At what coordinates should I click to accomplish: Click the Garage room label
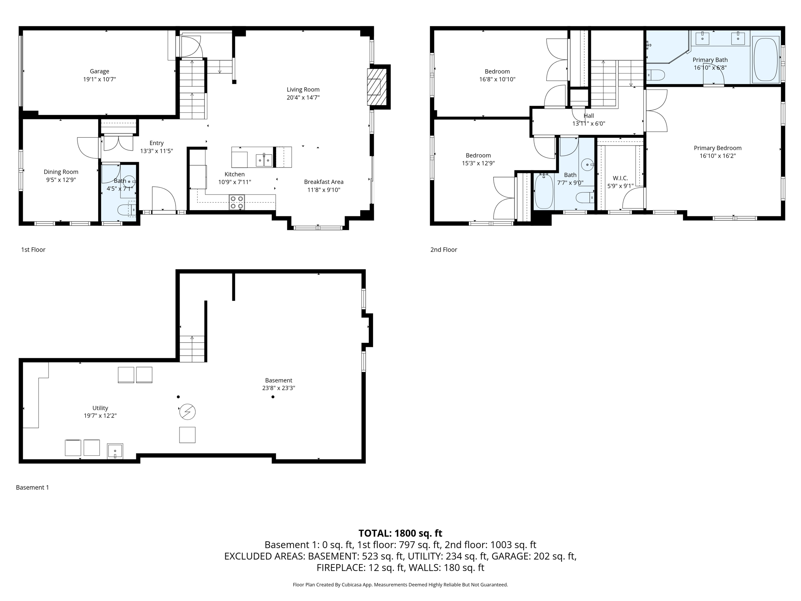pyautogui.click(x=99, y=71)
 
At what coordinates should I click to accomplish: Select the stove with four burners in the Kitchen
pyautogui.click(x=237, y=202)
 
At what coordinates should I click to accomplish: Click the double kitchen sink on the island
pyautogui.click(x=264, y=160)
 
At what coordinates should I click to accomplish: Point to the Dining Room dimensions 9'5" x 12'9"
pyautogui.click(x=61, y=180)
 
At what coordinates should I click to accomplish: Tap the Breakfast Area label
pyautogui.click(x=323, y=182)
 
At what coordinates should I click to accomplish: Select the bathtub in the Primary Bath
pyautogui.click(x=766, y=60)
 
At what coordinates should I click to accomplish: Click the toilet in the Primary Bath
pyautogui.click(x=655, y=75)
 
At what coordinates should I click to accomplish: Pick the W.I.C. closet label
pyautogui.click(x=620, y=178)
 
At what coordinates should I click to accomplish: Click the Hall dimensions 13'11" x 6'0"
pyautogui.click(x=589, y=124)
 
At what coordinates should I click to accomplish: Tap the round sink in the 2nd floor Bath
pyautogui.click(x=587, y=165)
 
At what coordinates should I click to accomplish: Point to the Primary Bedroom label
pyautogui.click(x=717, y=148)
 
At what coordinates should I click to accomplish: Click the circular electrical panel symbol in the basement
pyautogui.click(x=187, y=412)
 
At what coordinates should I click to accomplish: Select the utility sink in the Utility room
pyautogui.click(x=115, y=451)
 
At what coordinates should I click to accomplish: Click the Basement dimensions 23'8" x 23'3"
pyautogui.click(x=278, y=388)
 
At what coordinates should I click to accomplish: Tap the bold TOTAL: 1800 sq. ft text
pyautogui.click(x=400, y=533)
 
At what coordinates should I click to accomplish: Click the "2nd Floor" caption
pyautogui.click(x=444, y=250)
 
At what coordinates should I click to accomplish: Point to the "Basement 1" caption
pyautogui.click(x=32, y=488)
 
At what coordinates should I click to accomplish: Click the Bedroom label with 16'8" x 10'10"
pyautogui.click(x=497, y=72)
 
